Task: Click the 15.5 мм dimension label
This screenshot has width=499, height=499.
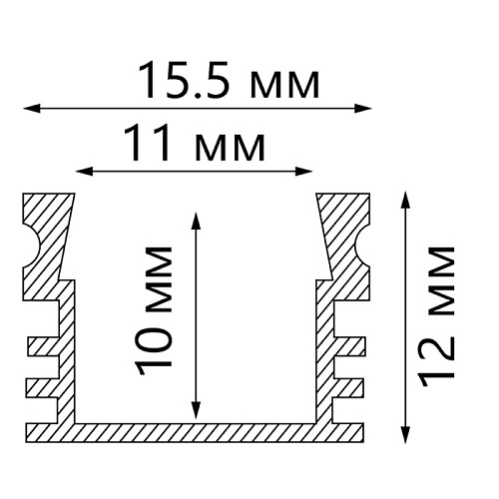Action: click(x=229, y=81)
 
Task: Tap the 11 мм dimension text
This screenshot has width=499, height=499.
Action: click(x=195, y=143)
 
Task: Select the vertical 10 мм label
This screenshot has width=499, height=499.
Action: click(x=154, y=311)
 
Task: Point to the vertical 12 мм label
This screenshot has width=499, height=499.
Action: click(x=437, y=317)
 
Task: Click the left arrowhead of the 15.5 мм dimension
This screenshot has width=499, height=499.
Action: click(x=32, y=108)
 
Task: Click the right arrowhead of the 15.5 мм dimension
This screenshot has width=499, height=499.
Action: click(x=362, y=108)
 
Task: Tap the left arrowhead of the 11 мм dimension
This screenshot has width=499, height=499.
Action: click(x=84, y=172)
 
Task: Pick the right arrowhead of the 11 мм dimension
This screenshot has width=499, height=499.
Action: click(x=303, y=172)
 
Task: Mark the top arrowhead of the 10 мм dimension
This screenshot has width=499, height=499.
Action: click(x=197, y=221)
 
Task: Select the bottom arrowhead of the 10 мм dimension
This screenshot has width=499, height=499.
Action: click(x=197, y=410)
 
